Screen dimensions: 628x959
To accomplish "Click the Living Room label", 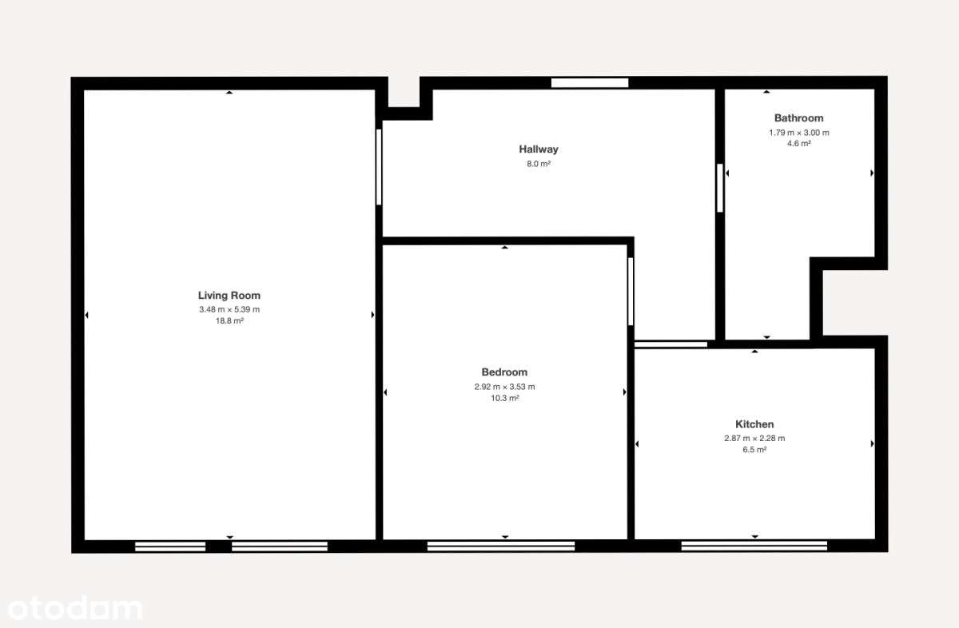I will (x=229, y=296).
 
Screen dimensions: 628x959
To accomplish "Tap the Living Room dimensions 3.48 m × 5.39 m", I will (x=229, y=309).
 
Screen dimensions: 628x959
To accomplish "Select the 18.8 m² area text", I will (x=229, y=320).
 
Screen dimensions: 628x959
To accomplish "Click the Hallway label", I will (x=539, y=149).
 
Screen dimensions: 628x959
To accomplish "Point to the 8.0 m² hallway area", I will (x=539, y=164).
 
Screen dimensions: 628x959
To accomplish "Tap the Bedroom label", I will (x=504, y=372).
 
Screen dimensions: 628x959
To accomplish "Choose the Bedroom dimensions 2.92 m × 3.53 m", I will (x=504, y=387).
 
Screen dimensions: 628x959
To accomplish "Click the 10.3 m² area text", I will (x=504, y=398).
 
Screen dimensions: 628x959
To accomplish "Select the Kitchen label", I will (x=754, y=424).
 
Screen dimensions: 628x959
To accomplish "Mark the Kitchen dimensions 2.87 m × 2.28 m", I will (x=754, y=438).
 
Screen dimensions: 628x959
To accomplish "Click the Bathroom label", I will (x=798, y=118).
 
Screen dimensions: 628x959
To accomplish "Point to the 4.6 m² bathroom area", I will (x=798, y=144).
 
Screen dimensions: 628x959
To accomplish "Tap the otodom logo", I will (x=72, y=609).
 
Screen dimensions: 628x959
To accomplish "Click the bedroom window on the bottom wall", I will (x=501, y=547).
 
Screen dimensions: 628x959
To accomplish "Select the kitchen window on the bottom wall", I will (x=754, y=547).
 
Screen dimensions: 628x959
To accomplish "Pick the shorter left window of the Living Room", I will (x=170, y=547).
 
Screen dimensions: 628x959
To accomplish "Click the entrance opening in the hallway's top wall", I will (x=590, y=82).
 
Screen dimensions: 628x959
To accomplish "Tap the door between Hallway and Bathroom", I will (x=720, y=188).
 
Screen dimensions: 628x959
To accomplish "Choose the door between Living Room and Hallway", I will (x=379, y=168).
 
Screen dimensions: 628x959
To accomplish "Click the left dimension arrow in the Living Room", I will (x=86, y=315).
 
